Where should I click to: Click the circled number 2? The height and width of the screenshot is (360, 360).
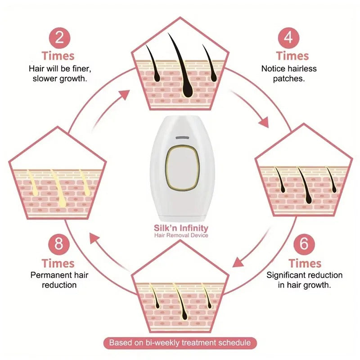(58, 37)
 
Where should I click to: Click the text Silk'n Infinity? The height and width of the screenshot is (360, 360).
(181, 228)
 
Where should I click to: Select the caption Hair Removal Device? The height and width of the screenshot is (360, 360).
(181, 235)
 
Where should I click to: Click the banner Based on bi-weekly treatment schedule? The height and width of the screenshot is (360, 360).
(180, 343)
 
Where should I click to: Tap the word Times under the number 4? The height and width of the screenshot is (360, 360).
(292, 56)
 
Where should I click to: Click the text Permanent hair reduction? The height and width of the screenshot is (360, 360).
(59, 280)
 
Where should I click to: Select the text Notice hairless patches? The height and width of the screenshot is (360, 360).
(289, 73)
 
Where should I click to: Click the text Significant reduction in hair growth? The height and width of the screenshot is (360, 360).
(305, 280)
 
